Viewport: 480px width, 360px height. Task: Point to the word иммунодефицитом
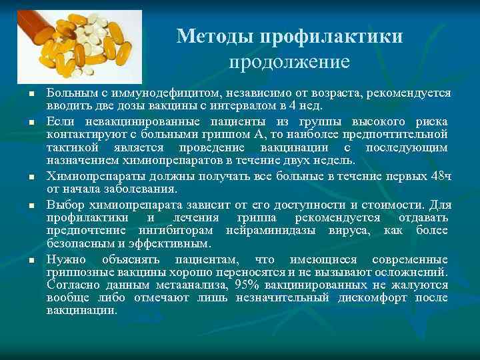click(141, 93)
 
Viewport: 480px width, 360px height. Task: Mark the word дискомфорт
click(370, 297)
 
